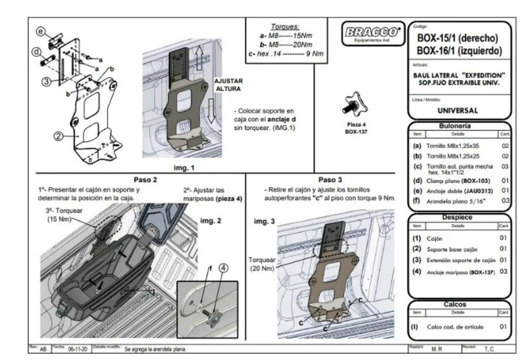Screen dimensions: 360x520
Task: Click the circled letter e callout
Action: pos(40,31)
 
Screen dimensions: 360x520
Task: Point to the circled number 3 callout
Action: pos(47,81)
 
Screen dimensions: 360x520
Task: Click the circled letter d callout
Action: pos(36,52)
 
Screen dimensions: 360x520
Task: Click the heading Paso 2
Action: pos(145,180)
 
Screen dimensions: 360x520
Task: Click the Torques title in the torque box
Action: pos(285,27)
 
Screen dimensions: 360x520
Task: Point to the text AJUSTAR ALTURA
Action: pos(229,85)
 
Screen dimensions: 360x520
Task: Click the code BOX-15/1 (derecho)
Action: pos(457,38)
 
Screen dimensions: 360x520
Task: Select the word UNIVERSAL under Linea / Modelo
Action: pos(457,110)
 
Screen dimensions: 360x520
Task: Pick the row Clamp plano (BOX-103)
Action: pos(458,180)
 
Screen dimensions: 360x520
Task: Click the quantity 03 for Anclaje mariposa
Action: pos(503,271)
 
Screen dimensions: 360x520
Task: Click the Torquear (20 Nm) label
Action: pos(262,264)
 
